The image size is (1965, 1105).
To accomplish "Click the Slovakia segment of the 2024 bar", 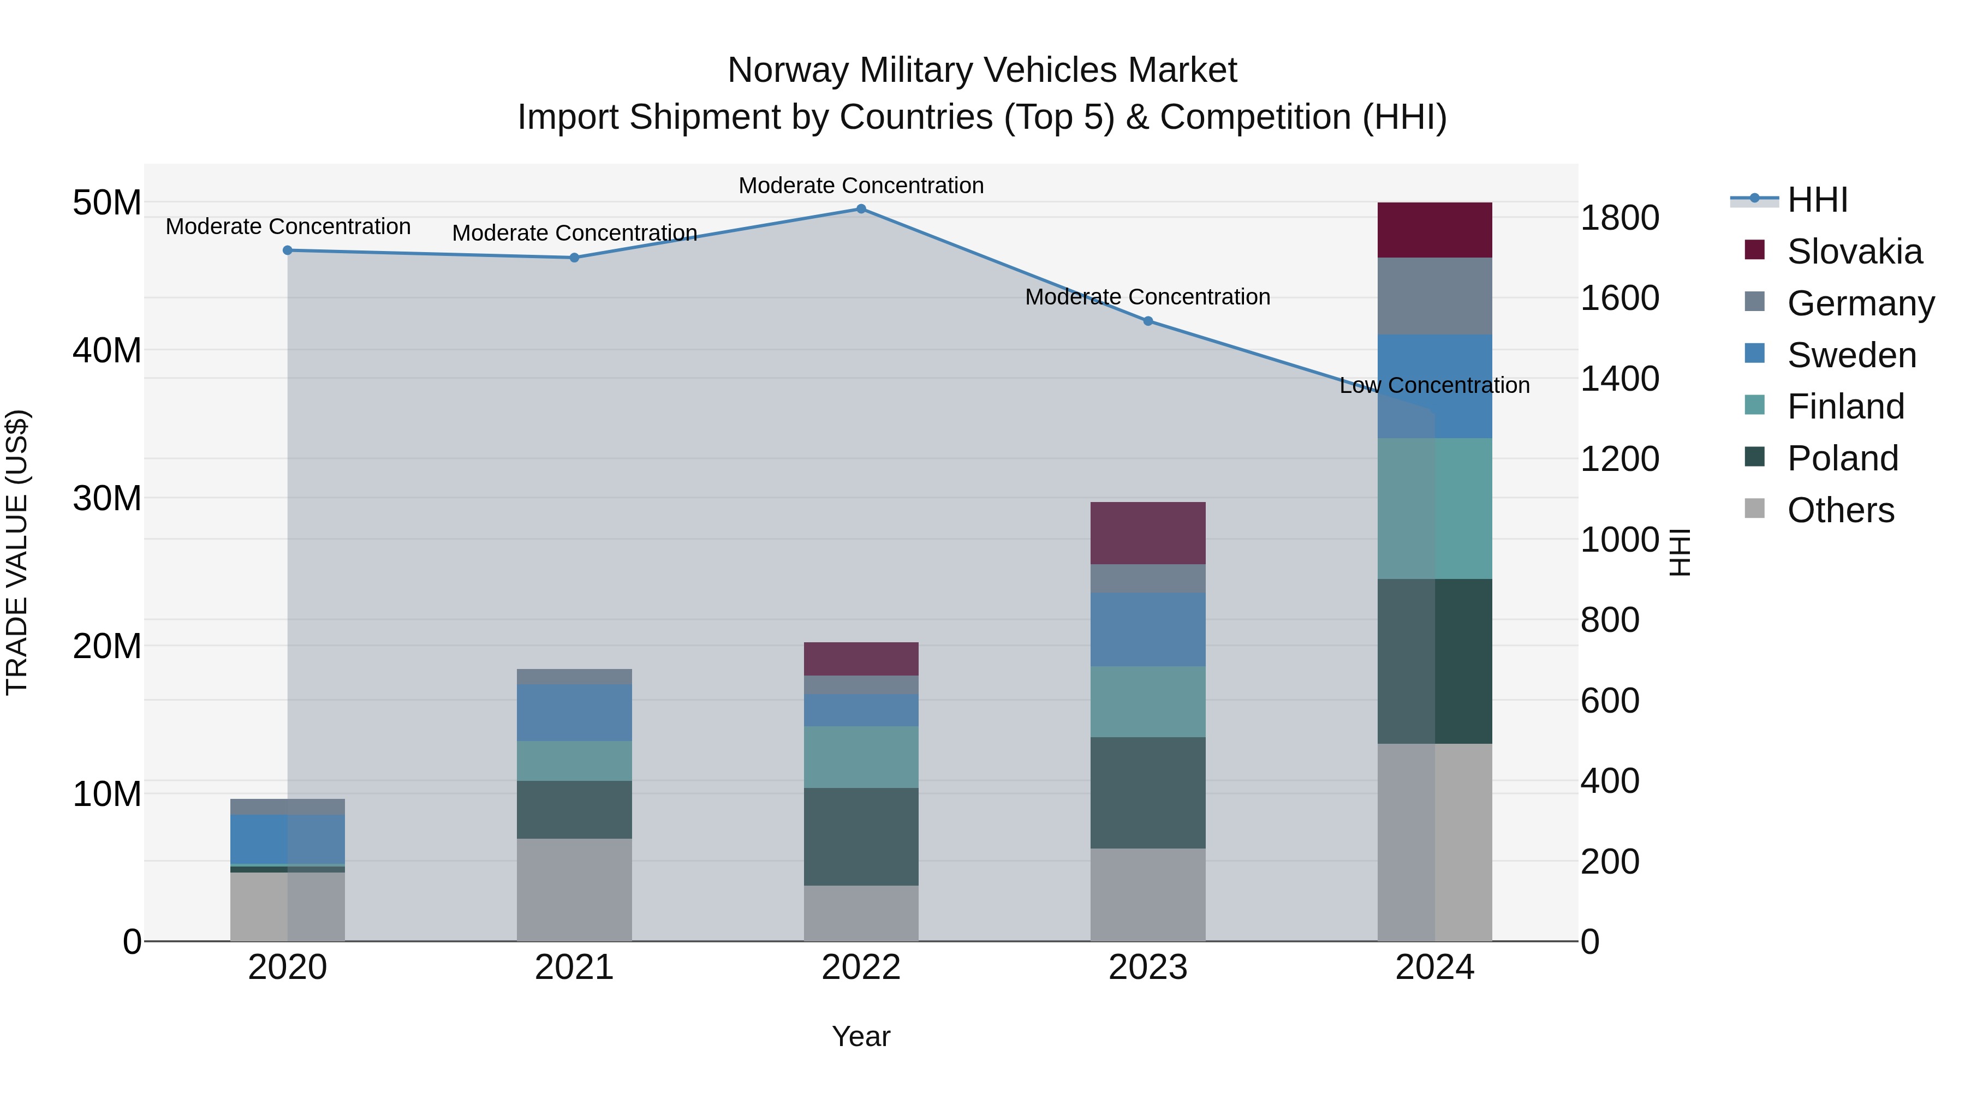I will pyautogui.click(x=1434, y=230).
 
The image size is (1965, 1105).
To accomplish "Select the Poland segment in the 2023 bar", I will pyautogui.click(x=1147, y=792).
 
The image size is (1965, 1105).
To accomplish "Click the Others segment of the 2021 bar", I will pyautogui.click(x=574, y=889).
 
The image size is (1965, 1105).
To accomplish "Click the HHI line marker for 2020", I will pyautogui.click(x=288, y=250).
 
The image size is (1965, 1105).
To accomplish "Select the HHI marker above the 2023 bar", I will pyautogui.click(x=1147, y=321).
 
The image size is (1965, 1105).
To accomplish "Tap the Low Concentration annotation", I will pyautogui.click(x=1434, y=386).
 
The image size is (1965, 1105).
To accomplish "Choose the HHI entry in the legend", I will pyautogui.click(x=1817, y=200).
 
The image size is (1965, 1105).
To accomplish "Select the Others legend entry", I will pyautogui.click(x=1840, y=510).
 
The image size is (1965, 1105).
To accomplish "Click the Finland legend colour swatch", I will pyautogui.click(x=1754, y=405).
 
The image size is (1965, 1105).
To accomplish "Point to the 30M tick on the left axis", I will pyautogui.click(x=107, y=498).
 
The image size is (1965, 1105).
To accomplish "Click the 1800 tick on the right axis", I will pyautogui.click(x=1619, y=218).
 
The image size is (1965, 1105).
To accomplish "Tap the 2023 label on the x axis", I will pyautogui.click(x=1147, y=967).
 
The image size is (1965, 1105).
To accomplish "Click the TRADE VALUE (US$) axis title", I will pyautogui.click(x=17, y=552).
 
